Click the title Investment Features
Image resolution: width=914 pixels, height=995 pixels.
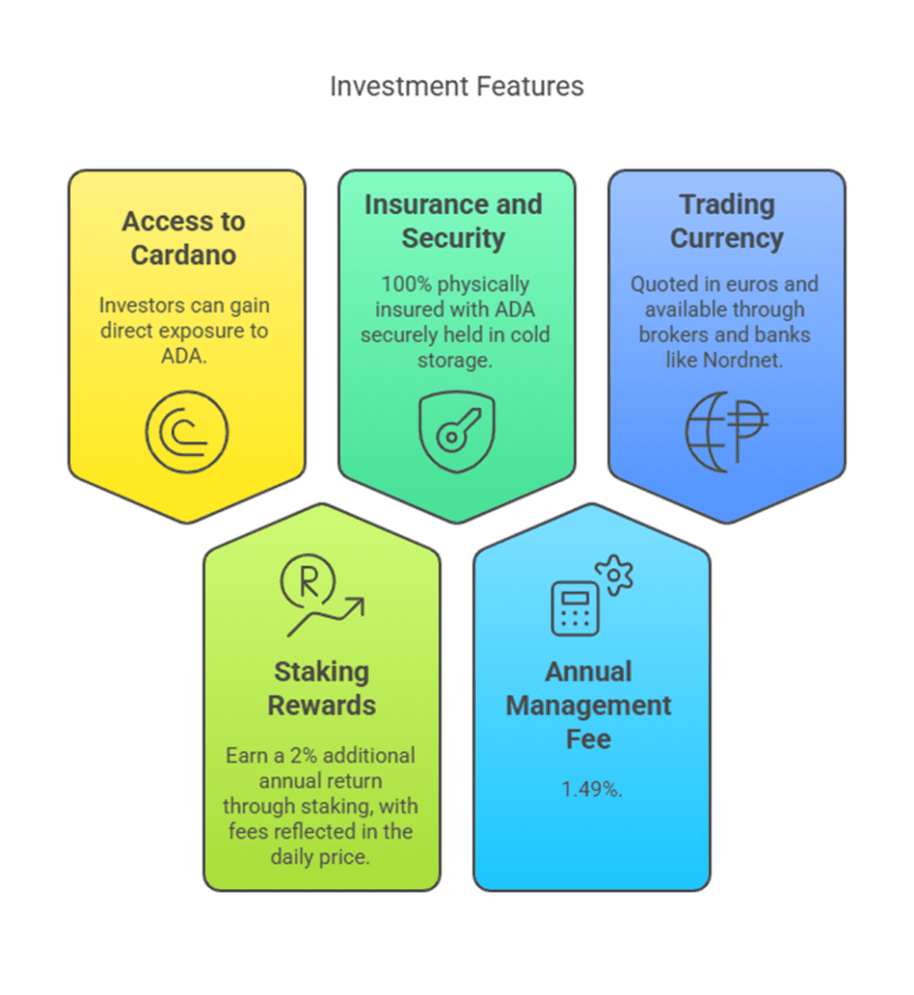457,86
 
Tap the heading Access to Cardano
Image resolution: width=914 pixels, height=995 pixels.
184,238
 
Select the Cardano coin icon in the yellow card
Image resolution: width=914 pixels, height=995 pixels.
186,432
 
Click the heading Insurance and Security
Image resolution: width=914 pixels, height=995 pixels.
454,222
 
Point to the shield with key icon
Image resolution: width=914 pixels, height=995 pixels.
457,431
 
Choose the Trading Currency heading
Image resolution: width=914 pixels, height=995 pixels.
727,222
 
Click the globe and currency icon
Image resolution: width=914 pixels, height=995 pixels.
727,431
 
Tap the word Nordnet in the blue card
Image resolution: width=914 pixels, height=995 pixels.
743,360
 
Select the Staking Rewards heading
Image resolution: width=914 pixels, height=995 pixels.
322,689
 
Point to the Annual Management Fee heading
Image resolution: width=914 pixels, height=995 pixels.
589,705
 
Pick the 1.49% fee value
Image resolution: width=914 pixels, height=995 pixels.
592,789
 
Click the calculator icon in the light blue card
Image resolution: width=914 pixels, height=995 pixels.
575,608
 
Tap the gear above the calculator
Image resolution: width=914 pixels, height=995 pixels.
614,575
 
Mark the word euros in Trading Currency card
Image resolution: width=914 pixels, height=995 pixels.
752,284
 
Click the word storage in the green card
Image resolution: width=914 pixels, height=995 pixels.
455,360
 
